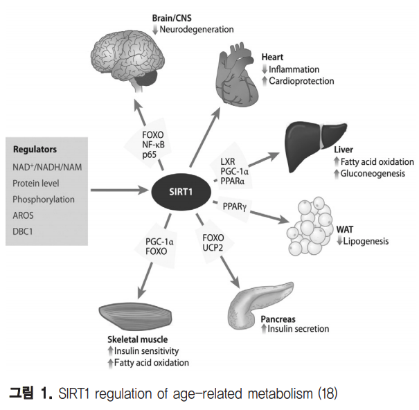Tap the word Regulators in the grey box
pos(35,150)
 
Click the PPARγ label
pos(238,206)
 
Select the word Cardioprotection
pos(305,81)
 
